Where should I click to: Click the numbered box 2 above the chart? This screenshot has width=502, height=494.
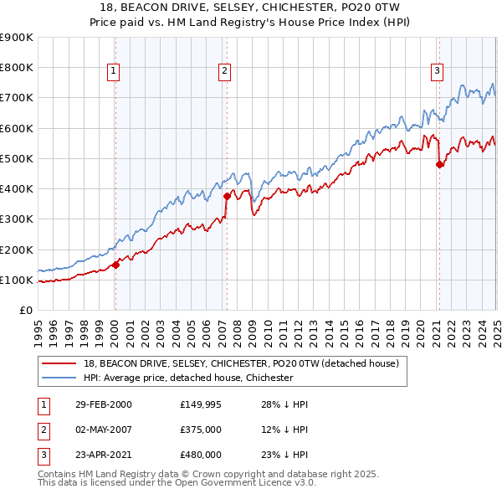tap(225, 72)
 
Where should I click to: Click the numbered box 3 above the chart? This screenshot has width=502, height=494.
tap(437, 72)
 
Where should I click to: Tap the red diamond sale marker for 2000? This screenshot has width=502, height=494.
tap(116, 265)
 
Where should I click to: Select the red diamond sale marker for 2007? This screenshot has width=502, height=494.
tap(227, 196)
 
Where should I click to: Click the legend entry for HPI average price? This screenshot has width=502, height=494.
tap(187, 378)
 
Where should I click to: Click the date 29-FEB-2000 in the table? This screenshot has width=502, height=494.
tap(104, 404)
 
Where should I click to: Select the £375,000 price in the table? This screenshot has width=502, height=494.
tap(200, 430)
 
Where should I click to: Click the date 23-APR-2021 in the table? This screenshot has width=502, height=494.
tap(104, 455)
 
